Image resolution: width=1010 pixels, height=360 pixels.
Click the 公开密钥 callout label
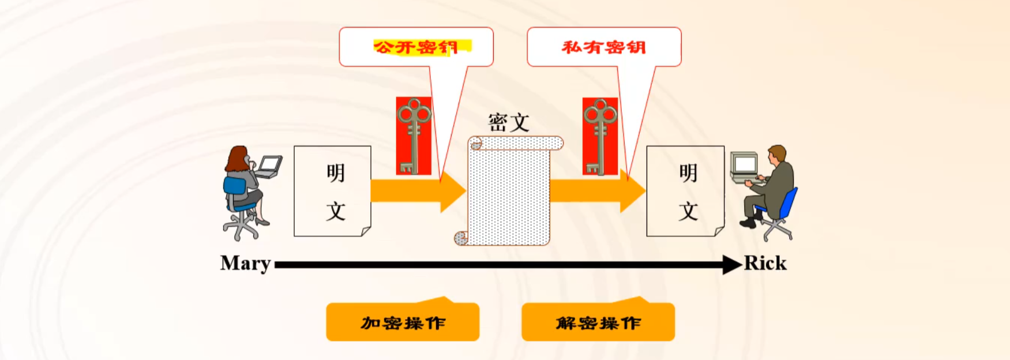click(416, 47)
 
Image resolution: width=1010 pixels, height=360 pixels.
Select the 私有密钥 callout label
click(604, 47)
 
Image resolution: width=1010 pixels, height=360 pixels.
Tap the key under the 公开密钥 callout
click(413, 136)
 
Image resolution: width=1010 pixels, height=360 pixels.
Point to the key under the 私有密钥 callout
click(600, 136)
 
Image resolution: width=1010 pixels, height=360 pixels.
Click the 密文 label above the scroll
click(508, 122)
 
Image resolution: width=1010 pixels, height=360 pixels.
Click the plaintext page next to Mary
click(332, 191)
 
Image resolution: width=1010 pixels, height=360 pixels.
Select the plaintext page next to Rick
click(685, 191)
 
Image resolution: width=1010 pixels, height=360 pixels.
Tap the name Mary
click(245, 264)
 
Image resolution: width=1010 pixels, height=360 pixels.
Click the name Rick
click(765, 264)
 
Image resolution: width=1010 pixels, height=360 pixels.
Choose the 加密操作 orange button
click(403, 322)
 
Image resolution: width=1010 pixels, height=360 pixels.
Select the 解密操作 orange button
click(598, 322)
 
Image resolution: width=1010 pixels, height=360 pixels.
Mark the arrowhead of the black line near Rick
click(732, 265)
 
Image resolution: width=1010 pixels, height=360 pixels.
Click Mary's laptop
click(269, 166)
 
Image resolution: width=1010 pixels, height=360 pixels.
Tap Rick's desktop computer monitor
click(745, 164)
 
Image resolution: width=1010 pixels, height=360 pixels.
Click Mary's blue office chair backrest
click(234, 188)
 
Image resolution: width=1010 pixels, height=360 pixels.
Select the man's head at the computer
click(778, 154)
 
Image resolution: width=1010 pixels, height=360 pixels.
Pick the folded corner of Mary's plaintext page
click(366, 231)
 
